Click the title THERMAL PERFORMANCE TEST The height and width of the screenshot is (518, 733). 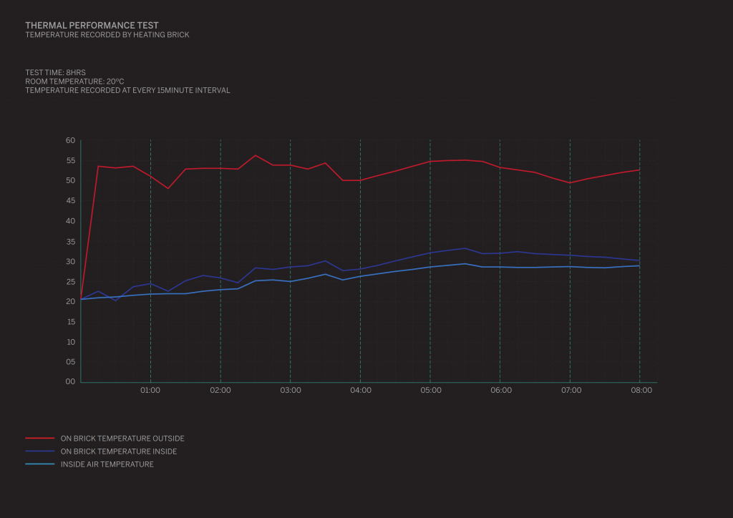92,25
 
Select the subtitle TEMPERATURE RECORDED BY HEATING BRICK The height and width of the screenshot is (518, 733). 107,34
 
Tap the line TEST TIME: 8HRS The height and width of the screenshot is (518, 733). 55,72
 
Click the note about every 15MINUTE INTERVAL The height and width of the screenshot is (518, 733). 127,90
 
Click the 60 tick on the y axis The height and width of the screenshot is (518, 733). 70,140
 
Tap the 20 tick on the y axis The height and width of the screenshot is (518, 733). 70,301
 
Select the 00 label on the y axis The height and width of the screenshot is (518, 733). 70,381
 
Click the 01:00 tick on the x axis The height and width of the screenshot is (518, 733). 150,391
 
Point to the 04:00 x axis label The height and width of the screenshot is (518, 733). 361,391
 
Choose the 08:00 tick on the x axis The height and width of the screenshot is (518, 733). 641,391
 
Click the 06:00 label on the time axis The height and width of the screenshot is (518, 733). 501,391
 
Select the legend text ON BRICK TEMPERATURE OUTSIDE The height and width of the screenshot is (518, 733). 122,439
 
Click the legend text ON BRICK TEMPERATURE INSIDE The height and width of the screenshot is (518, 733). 119,451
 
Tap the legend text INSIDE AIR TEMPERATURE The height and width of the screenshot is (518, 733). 107,464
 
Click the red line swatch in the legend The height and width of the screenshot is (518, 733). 40,438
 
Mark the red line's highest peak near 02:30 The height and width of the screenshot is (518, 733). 256,155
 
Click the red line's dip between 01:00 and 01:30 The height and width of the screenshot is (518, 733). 168,188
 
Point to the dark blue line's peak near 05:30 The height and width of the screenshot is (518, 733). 465,248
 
